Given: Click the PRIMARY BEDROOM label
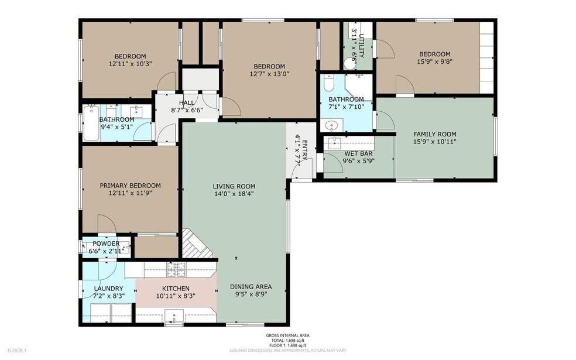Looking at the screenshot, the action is click(131, 186).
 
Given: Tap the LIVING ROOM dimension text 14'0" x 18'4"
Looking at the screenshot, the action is click(234, 194).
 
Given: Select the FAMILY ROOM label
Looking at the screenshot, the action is click(434, 134).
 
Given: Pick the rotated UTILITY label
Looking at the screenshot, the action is click(362, 46).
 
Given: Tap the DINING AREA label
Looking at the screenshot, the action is click(251, 286).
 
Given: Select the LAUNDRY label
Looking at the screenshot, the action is click(108, 289).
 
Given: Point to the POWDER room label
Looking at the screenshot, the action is click(106, 244).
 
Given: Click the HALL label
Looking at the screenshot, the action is click(187, 102).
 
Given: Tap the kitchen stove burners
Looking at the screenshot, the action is click(177, 270).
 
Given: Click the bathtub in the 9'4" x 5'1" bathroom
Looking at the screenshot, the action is click(91, 123).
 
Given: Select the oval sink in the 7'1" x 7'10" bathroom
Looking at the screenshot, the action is click(332, 126).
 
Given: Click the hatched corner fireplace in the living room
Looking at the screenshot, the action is click(197, 244).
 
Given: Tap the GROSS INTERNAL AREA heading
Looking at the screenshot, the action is click(287, 335).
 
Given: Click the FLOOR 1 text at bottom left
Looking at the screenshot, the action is click(17, 351).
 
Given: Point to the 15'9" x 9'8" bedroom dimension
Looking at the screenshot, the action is click(434, 61).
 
